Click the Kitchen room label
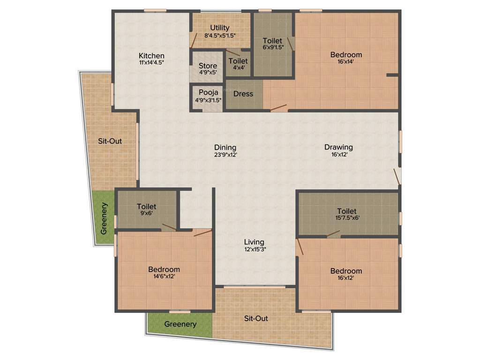151,56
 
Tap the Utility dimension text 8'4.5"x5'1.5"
219,35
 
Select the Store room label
208,66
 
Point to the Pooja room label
208,92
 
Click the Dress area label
243,94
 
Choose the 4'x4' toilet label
238,61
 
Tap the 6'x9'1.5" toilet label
273,41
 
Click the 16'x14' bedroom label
346,55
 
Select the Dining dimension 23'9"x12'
225,154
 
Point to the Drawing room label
338,147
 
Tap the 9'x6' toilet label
146,206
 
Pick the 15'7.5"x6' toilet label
346,211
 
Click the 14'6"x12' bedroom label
164,270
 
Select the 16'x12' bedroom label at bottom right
346,271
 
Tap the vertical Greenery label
104,218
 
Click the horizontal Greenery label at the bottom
180,324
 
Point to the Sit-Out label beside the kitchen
110,141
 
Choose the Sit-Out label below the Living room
256,318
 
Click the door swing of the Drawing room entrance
397,177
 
